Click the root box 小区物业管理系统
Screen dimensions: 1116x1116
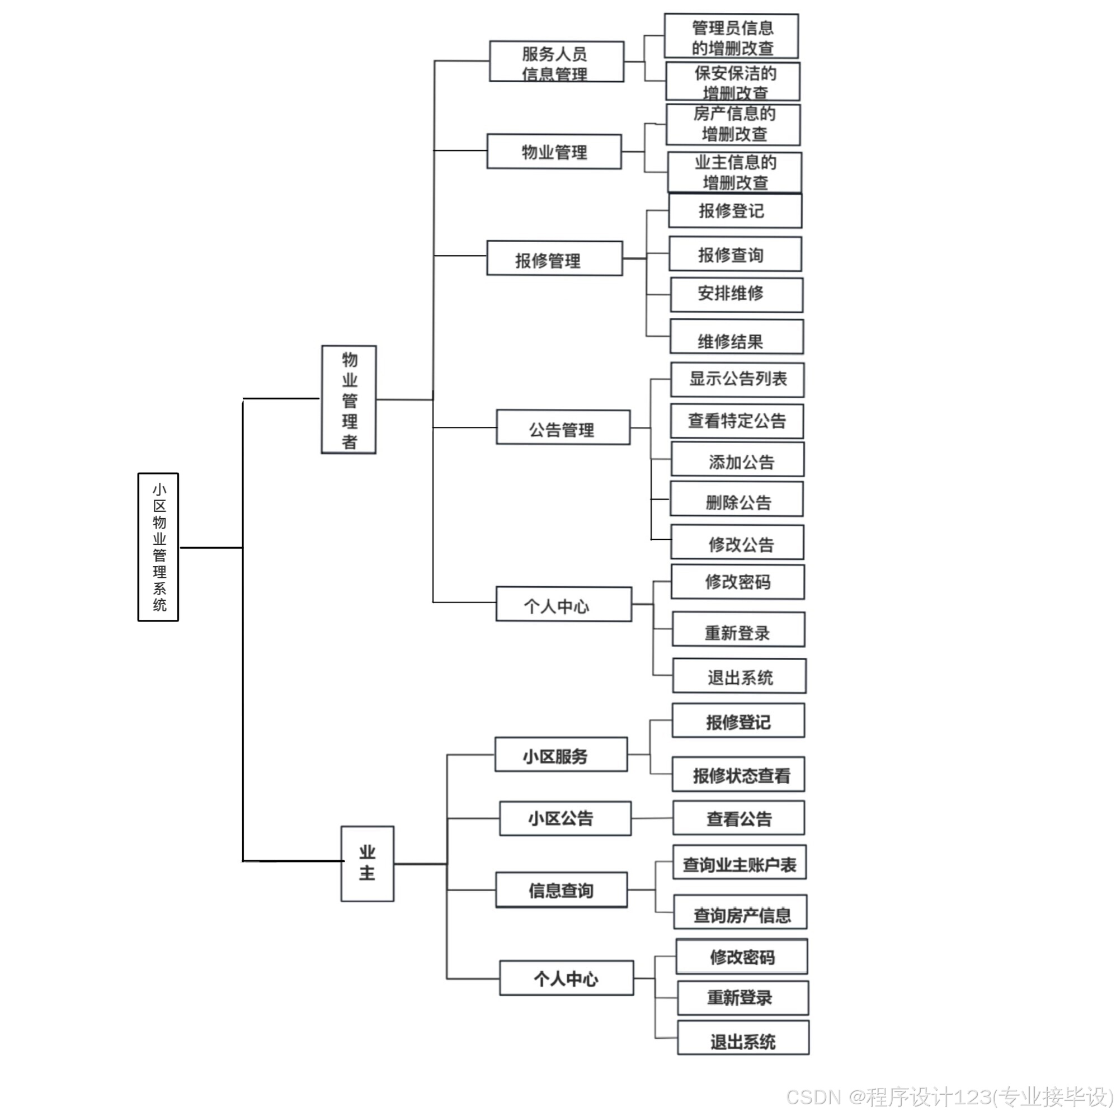pos(158,547)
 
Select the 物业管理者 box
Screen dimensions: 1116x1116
pos(349,400)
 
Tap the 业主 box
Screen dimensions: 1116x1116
pos(368,864)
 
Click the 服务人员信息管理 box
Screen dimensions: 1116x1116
pos(556,61)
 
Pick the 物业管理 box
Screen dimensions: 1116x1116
pos(554,152)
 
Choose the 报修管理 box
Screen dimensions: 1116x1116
pos(554,259)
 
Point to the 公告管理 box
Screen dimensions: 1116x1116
pos(563,427)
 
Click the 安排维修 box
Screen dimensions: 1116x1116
pos(736,295)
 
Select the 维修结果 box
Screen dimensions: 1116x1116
pos(736,337)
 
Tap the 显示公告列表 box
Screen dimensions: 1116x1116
pos(737,380)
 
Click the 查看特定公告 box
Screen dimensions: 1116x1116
pos(737,421)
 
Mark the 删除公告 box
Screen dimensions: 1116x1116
pos(736,499)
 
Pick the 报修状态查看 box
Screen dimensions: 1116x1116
pos(738,774)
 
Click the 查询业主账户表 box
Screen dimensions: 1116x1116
pos(739,863)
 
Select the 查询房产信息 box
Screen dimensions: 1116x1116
pos(740,912)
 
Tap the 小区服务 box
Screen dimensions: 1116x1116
pos(561,755)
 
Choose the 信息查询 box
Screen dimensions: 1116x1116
pos(561,890)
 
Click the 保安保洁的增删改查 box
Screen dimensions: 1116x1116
pos(732,82)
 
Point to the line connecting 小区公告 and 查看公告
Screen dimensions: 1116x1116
pos(652,818)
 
